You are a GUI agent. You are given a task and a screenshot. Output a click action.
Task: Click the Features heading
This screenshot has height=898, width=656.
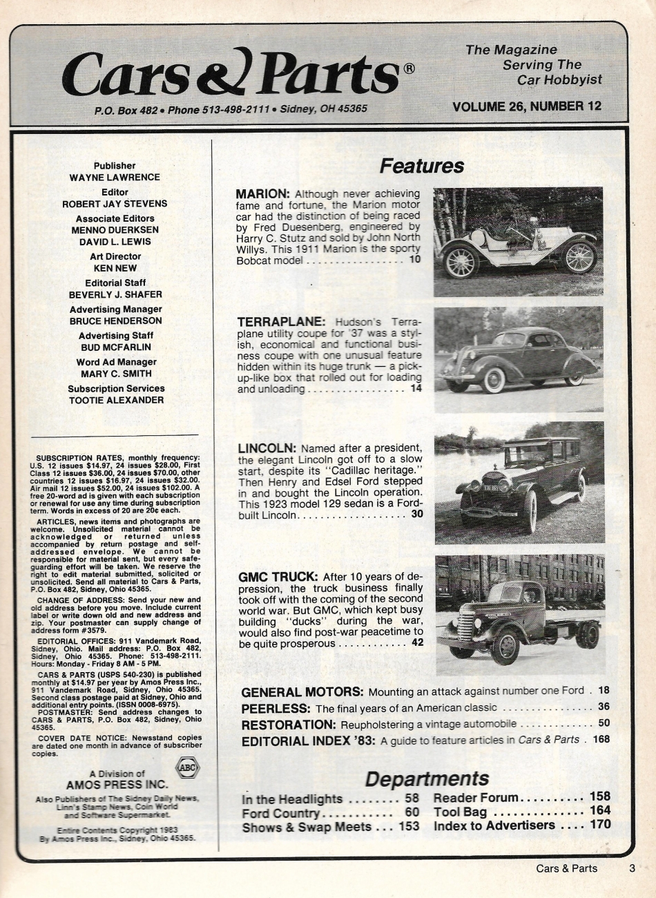pyautogui.click(x=421, y=166)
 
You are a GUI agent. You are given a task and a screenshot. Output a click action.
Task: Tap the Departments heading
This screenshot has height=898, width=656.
pyautogui.click(x=426, y=778)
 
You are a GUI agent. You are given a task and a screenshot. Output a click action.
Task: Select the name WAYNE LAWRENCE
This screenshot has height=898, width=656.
pyautogui.click(x=115, y=178)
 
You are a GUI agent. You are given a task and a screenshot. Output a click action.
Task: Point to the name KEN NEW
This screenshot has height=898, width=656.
pyautogui.click(x=115, y=268)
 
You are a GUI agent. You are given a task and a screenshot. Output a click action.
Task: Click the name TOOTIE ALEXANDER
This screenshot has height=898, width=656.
pyautogui.click(x=116, y=400)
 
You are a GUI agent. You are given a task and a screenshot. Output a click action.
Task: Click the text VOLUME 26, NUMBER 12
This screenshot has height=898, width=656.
pyautogui.click(x=526, y=106)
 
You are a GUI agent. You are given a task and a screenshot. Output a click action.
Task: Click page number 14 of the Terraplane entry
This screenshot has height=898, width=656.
pyautogui.click(x=415, y=389)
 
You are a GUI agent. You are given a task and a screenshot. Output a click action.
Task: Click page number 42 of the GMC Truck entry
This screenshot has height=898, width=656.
pyautogui.click(x=416, y=643)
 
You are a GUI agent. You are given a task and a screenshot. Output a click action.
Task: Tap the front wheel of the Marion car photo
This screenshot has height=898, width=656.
pyautogui.click(x=580, y=257)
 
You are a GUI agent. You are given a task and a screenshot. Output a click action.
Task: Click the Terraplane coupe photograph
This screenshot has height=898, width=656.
pyautogui.click(x=518, y=359)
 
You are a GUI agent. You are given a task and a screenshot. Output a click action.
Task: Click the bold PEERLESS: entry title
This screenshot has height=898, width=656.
pyautogui.click(x=276, y=708)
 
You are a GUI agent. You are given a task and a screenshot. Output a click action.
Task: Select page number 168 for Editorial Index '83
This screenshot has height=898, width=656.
pyautogui.click(x=601, y=740)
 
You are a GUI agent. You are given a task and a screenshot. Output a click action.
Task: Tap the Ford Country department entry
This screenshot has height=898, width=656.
pyautogui.click(x=280, y=814)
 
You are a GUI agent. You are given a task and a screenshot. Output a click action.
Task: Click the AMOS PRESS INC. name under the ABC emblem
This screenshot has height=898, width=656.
pyautogui.click(x=117, y=784)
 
